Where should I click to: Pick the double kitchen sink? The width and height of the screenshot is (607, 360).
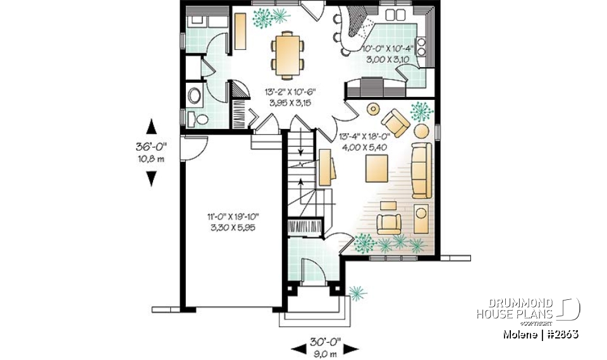point(397,14)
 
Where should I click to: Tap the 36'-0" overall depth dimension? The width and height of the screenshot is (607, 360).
point(150,146)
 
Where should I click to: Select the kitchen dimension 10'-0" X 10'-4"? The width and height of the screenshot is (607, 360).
point(387,48)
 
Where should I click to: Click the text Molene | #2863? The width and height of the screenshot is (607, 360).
point(541,333)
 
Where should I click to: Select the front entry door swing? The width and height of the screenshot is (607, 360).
point(310,271)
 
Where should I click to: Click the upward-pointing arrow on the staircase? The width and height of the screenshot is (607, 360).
point(300,154)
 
